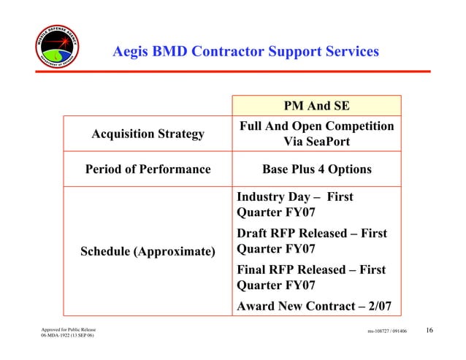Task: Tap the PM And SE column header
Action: tap(316, 106)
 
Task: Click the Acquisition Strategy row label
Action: tap(148, 134)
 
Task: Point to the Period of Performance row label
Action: tap(148, 169)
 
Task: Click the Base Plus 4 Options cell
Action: tap(316, 169)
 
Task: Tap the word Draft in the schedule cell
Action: tap(254, 234)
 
